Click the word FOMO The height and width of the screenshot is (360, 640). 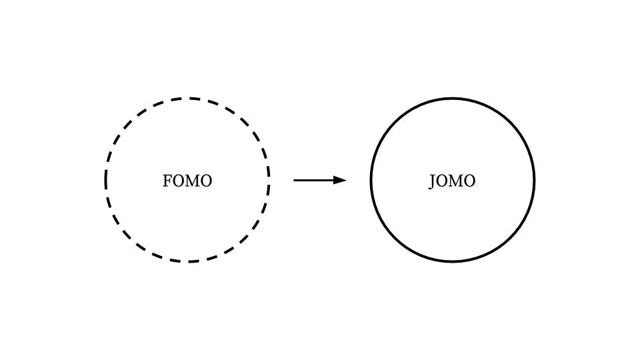point(187,181)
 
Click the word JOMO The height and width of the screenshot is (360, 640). point(452,181)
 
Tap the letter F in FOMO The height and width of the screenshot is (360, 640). point(167,181)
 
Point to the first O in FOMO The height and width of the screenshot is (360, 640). point(177,181)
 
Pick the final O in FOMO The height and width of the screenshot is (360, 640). point(206,181)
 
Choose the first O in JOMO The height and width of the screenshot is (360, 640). point(441,181)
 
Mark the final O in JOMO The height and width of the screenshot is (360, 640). point(470,181)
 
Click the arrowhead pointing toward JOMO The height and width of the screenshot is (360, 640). point(341,180)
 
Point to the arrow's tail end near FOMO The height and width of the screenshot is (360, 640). point(295,180)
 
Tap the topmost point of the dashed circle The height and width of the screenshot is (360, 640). point(187,99)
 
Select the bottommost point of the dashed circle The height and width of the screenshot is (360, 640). point(187,261)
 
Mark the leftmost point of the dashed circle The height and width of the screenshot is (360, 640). point(106,180)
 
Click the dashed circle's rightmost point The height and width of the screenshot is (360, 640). point(269,180)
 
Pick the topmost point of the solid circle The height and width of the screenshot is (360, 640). point(453,99)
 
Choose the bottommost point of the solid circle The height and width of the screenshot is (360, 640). point(453,261)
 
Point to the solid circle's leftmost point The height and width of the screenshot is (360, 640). point(371,180)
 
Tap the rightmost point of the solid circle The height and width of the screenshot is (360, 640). point(534,180)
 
